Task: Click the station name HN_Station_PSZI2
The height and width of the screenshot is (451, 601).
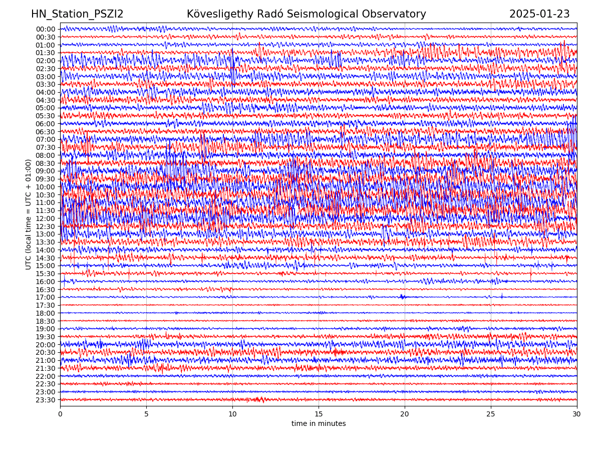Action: [77, 15]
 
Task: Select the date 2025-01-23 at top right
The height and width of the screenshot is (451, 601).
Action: [539, 15]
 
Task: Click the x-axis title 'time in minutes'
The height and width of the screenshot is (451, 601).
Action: [319, 424]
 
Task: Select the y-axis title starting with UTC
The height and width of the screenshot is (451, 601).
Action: [29, 214]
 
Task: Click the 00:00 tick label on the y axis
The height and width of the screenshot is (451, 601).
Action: [46, 29]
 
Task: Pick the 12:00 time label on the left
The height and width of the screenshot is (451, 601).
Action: [46, 218]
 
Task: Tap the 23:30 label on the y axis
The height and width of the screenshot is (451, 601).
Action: [46, 400]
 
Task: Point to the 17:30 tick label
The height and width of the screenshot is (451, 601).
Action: [46, 305]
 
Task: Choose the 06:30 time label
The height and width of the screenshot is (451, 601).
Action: [46, 132]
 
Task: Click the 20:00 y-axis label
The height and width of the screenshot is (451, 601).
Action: [46, 345]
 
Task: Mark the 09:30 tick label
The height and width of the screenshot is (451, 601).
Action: [46, 179]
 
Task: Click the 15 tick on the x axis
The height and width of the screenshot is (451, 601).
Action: [319, 414]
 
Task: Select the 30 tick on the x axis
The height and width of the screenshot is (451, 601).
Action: [577, 414]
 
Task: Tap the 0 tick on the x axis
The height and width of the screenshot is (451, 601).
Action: [60, 414]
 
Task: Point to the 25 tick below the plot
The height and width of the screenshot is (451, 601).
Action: [491, 414]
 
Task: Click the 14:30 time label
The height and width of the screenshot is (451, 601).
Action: [46, 258]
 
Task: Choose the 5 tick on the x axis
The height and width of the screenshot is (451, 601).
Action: [146, 414]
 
